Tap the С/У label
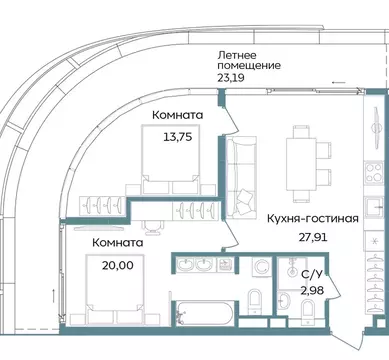point(310,272)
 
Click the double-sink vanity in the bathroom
point(199,264)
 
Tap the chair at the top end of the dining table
point(300,132)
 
